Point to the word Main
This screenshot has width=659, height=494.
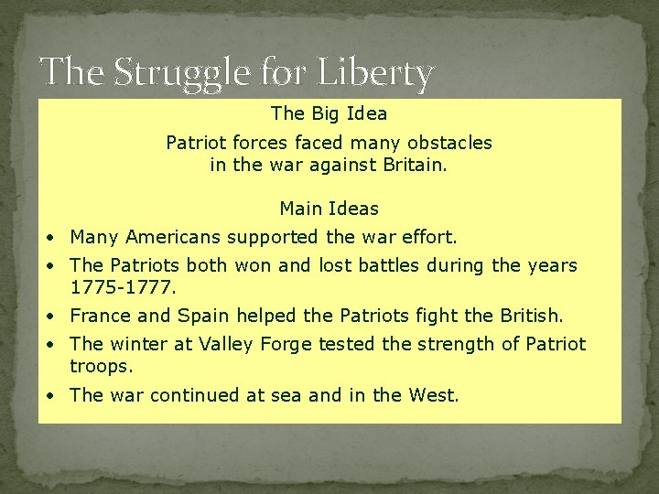300,209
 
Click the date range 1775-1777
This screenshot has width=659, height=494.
122,287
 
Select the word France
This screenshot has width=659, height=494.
101,316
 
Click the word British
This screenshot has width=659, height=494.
531,316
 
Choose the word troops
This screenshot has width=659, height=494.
101,366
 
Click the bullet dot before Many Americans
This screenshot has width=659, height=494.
55,238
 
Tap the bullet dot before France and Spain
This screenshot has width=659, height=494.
55,317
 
